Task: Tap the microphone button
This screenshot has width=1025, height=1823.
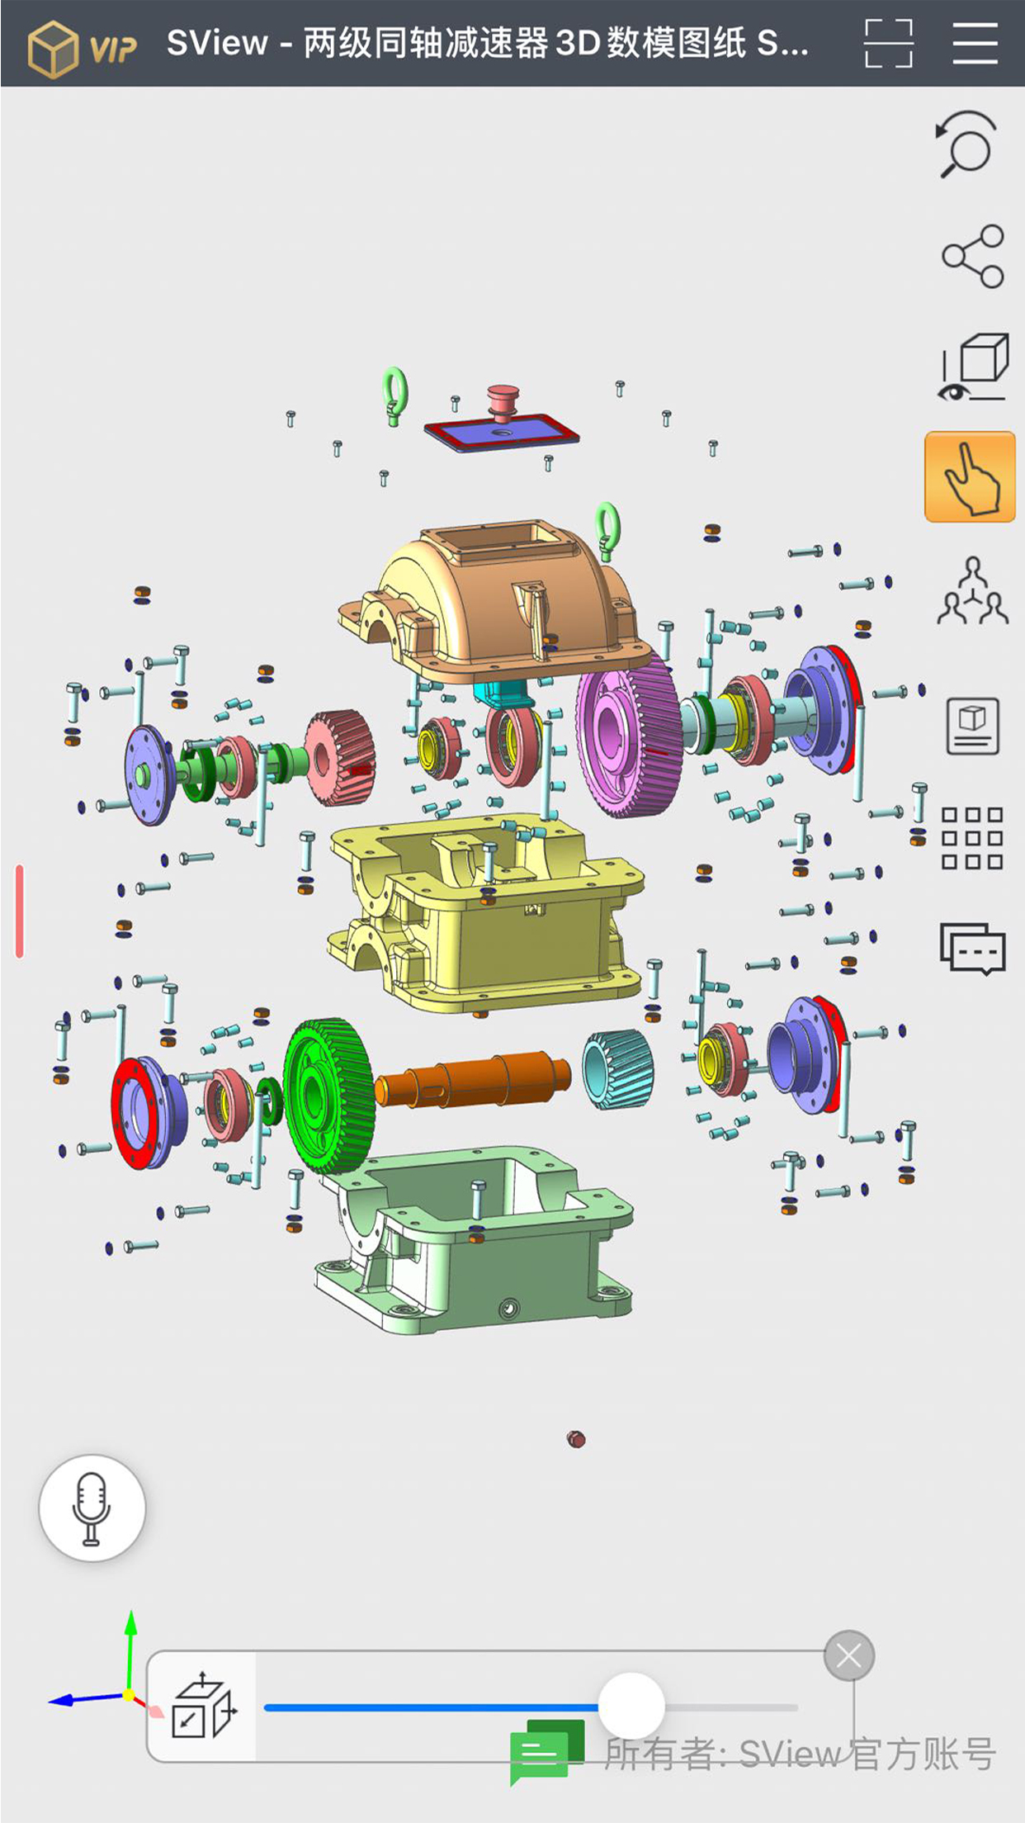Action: pos(92,1508)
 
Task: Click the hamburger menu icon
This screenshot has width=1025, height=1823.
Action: pos(975,43)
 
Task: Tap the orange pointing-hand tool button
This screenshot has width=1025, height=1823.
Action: pos(970,476)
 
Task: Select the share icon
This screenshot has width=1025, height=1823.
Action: pos(973,256)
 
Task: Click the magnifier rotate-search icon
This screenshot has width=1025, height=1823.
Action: pos(966,144)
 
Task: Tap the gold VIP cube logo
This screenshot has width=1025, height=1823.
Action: pos(53,49)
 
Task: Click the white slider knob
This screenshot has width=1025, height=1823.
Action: pos(631,1706)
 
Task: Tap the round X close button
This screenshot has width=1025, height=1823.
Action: pos(849,1655)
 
